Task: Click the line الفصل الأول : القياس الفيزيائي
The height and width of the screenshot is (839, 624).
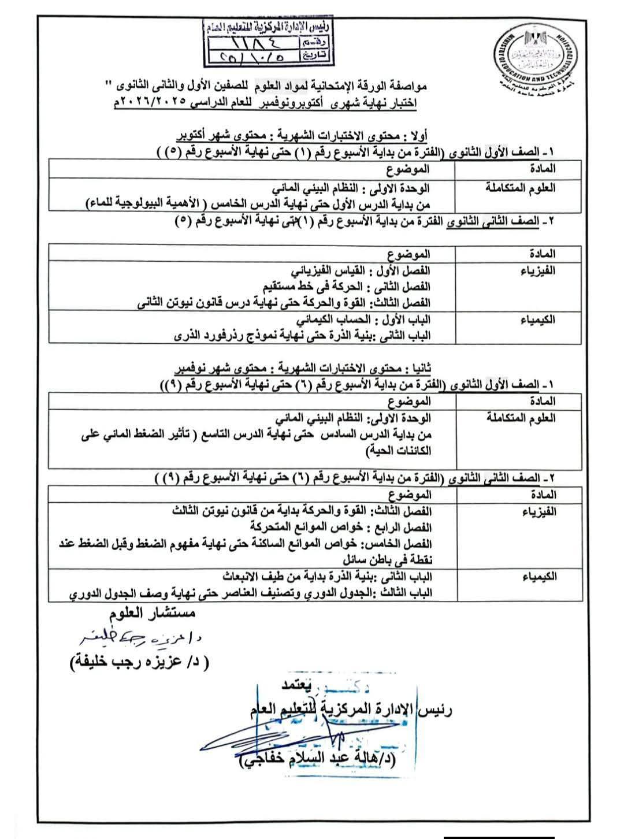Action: click(359, 270)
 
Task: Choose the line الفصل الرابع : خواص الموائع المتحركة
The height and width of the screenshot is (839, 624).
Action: click(341, 528)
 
